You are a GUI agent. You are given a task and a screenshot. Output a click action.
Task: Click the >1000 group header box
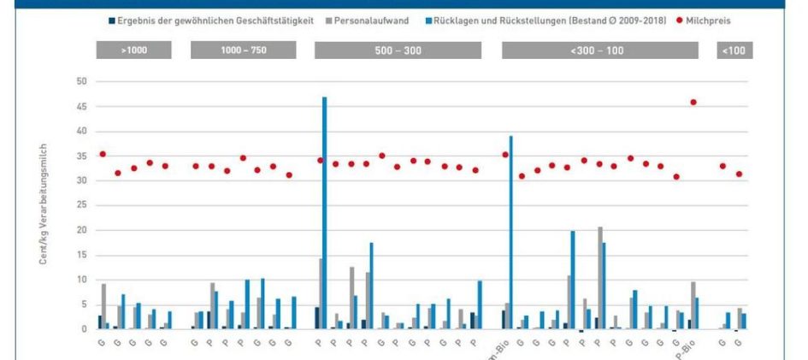[x=134, y=50]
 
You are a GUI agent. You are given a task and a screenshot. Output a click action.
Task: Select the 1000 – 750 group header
[x=244, y=50]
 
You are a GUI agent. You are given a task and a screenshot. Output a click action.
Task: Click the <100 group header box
[x=734, y=50]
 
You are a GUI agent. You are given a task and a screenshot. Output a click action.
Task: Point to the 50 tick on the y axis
[x=81, y=82]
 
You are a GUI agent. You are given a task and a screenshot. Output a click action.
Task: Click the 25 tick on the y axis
[x=81, y=206]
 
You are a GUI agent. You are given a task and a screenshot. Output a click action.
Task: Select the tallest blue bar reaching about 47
[x=325, y=214]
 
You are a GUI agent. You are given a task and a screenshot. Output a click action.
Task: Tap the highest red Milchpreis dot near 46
[x=693, y=103]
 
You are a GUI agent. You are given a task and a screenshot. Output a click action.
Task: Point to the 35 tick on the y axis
[x=81, y=156]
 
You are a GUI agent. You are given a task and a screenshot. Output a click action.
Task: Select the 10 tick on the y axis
[x=81, y=280]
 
